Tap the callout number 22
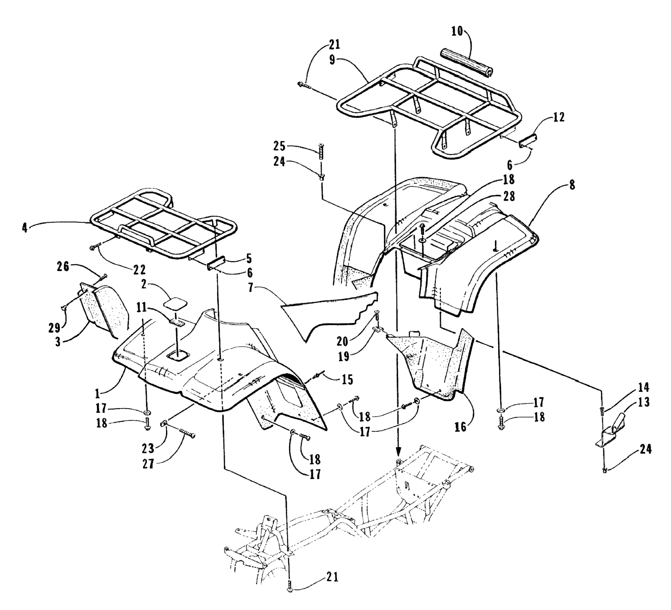(x=139, y=270)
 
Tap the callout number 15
(x=347, y=380)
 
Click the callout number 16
(x=460, y=427)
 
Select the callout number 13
(x=643, y=402)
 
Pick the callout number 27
(x=148, y=464)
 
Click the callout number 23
(x=148, y=448)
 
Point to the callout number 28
(x=509, y=196)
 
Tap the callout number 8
(x=572, y=185)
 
